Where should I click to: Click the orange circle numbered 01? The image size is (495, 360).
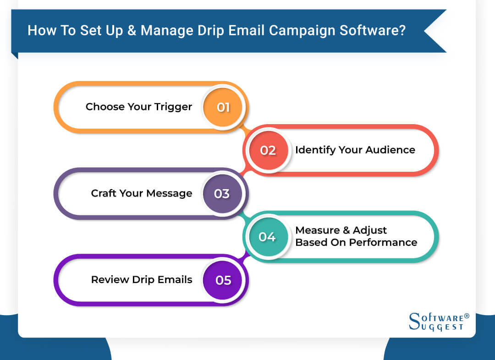[x=223, y=108]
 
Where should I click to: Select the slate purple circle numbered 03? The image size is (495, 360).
[x=222, y=194]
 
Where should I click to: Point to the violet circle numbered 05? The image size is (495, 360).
[x=223, y=280]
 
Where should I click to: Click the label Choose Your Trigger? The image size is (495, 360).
[x=139, y=107]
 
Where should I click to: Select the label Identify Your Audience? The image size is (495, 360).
[x=355, y=150]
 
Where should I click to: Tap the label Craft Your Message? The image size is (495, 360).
[x=142, y=193]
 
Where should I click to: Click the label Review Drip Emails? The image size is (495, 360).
[x=142, y=279]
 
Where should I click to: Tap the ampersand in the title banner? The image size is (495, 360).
[x=131, y=31]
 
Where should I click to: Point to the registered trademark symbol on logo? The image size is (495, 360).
[x=467, y=316]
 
